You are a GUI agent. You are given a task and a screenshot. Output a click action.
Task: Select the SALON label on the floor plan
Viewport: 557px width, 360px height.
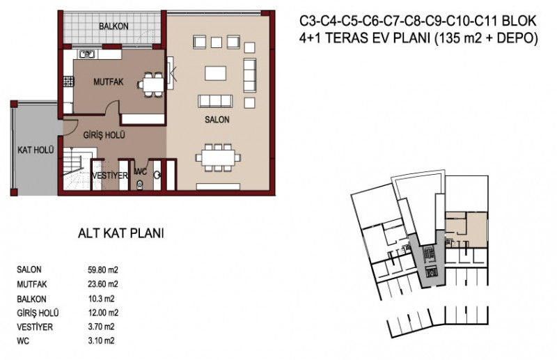pyautogui.click(x=217, y=120)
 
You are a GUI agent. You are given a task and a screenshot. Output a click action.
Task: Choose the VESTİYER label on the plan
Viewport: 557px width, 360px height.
pyautogui.click(x=109, y=176)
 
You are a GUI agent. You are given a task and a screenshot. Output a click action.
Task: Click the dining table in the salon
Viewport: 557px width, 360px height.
pyautogui.click(x=217, y=156)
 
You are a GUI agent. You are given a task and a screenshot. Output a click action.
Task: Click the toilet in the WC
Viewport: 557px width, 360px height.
pyautogui.click(x=141, y=185)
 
